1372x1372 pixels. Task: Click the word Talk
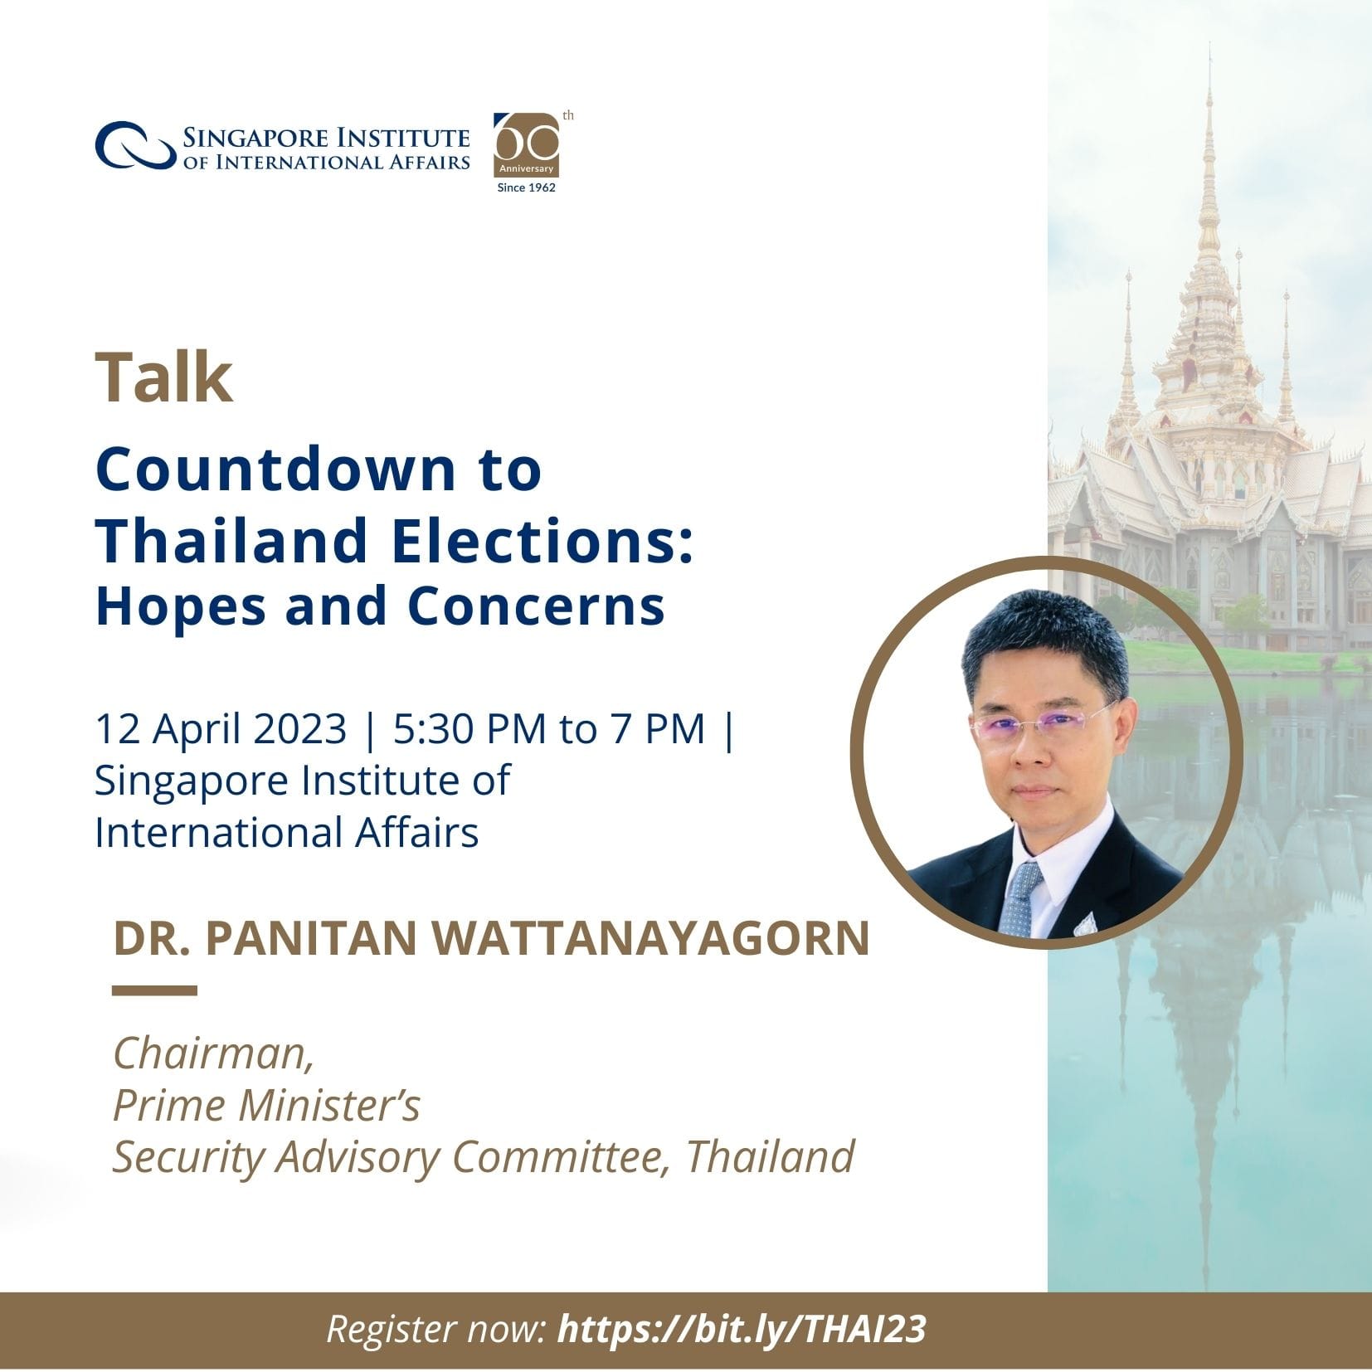[x=164, y=377]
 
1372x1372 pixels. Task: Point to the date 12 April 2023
[x=221, y=729]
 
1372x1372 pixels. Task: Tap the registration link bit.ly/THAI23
[x=742, y=1329]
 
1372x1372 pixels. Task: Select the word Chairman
[x=212, y=1053]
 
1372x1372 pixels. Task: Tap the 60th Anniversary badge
[x=527, y=145]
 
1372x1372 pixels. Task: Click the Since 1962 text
[x=526, y=187]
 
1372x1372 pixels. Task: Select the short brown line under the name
[x=154, y=990]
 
